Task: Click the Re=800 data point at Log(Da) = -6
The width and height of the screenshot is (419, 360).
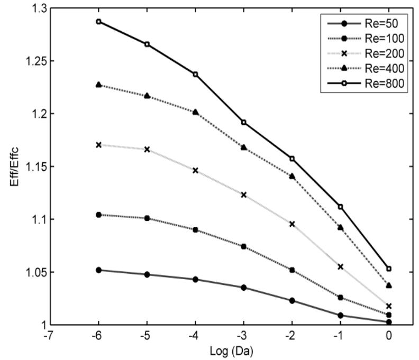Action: coord(98,22)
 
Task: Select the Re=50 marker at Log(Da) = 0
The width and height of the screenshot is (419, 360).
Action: coord(389,322)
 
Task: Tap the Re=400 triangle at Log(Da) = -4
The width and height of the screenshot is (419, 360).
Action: coord(195,112)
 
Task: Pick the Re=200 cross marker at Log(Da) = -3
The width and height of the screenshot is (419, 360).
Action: coord(244,195)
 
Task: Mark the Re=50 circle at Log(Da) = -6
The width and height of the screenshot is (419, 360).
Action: coord(98,270)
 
